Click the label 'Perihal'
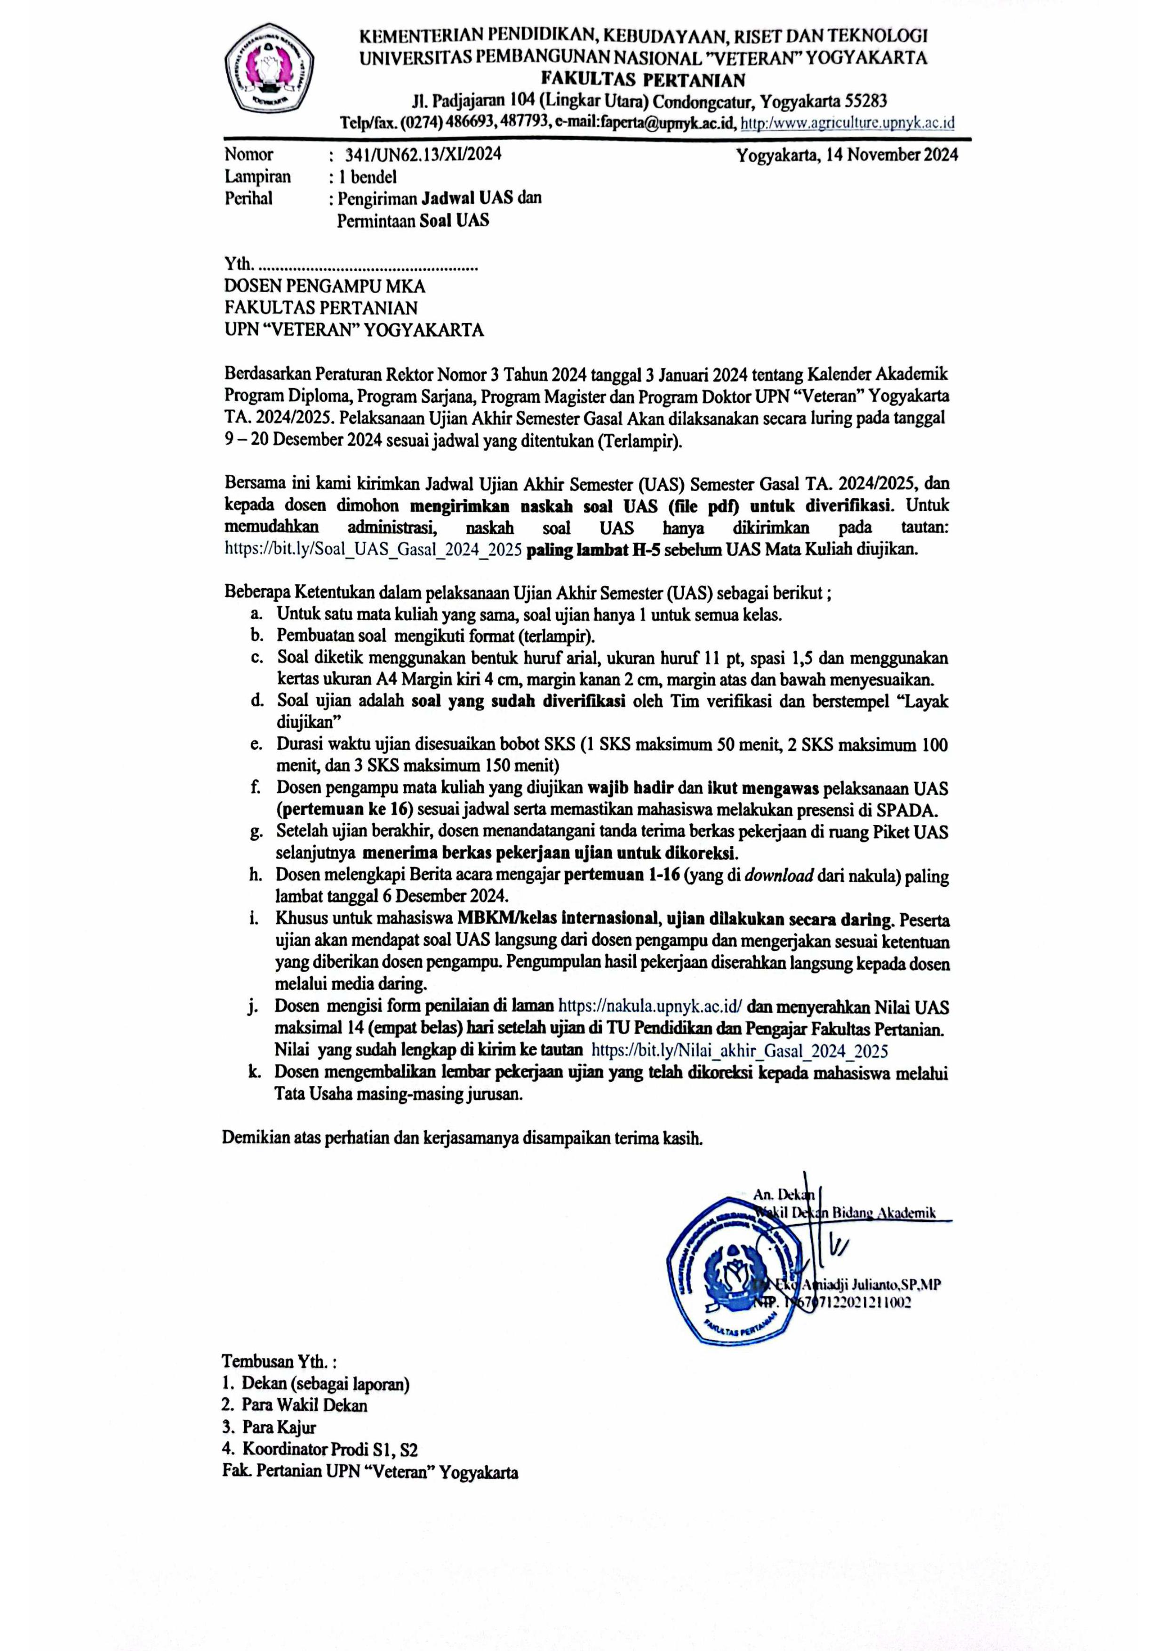click(248, 199)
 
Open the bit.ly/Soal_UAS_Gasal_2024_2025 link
click(373, 551)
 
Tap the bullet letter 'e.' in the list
click(255, 745)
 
